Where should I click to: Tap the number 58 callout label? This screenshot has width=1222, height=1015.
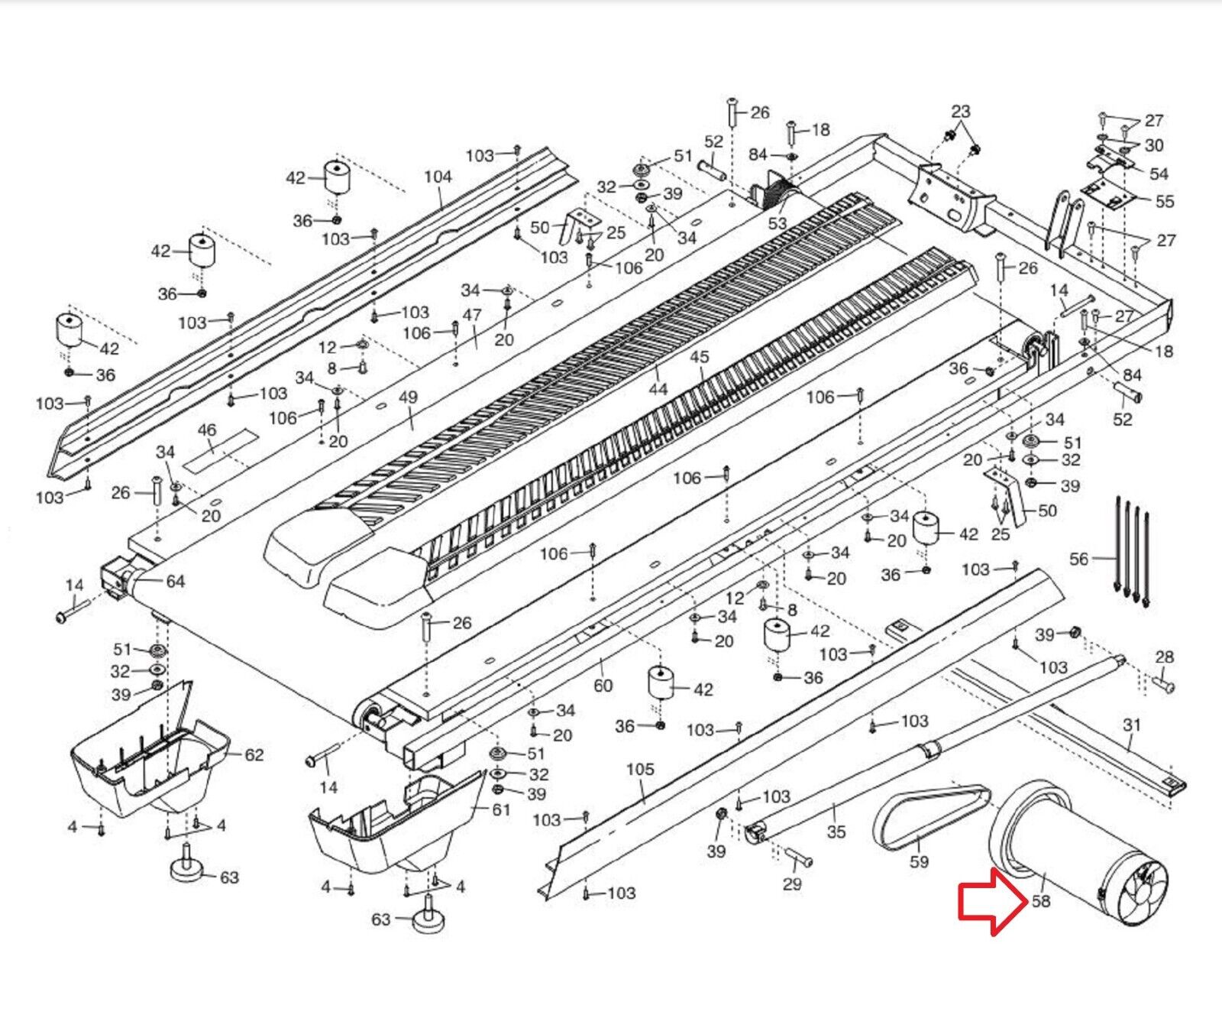(x=1040, y=901)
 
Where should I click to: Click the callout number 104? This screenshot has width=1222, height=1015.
(x=438, y=177)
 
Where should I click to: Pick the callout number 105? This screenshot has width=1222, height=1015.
(x=640, y=769)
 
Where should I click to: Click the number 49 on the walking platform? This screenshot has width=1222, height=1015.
(x=409, y=397)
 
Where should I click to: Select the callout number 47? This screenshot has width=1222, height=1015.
(x=472, y=315)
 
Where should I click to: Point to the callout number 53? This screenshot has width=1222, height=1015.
(x=777, y=223)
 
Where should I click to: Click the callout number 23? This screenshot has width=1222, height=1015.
(x=960, y=111)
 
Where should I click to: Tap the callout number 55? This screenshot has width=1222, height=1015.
(x=1164, y=202)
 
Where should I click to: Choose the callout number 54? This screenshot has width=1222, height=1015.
(x=1159, y=173)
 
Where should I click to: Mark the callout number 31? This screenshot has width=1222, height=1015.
(x=1132, y=725)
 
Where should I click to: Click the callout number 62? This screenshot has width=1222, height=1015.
(x=254, y=755)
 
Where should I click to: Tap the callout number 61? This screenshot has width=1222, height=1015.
(x=500, y=809)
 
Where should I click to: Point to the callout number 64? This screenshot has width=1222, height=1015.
(x=176, y=582)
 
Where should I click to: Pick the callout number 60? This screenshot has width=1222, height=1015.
(x=603, y=686)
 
